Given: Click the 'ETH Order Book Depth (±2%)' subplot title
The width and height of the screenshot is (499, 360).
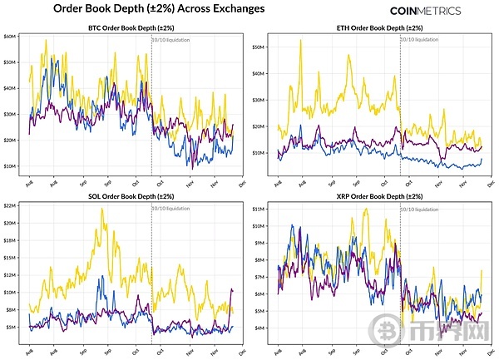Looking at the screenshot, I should (378, 29).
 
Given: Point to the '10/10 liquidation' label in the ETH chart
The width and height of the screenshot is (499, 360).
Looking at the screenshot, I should (420, 39).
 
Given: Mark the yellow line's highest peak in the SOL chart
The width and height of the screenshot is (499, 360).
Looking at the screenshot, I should (101, 209).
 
